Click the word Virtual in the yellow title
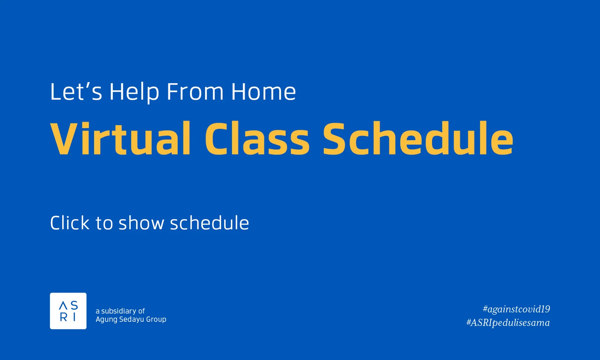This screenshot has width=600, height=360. click(x=121, y=138)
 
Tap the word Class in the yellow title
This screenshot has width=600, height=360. click(x=257, y=138)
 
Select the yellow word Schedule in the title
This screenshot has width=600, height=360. click(x=417, y=138)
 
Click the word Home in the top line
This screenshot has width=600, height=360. click(x=263, y=92)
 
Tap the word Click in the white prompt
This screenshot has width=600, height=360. click(x=70, y=223)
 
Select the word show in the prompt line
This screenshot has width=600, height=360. click(x=141, y=223)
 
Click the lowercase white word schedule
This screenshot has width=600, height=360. click(x=209, y=223)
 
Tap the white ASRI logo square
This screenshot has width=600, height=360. click(x=68, y=311)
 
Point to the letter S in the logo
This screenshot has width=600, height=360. click(x=74, y=305)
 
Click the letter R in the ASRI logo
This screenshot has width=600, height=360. click(x=63, y=317)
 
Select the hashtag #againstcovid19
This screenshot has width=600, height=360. click(x=516, y=309)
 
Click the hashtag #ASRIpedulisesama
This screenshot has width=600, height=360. click(x=508, y=322)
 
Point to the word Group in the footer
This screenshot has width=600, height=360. click(x=156, y=319)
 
